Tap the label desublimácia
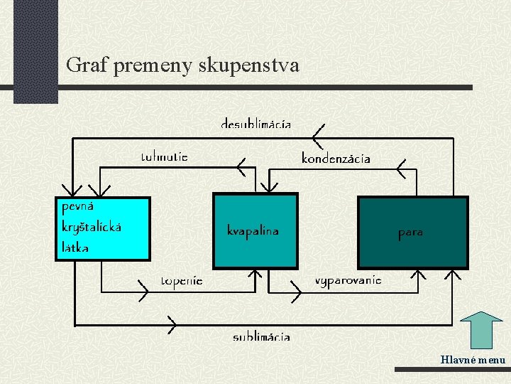pos(255,124)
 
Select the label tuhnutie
pos(164,156)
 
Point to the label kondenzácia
pos(336,158)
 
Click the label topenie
pos(182,281)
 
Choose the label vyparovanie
pos(348,280)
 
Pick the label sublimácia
pos(261,336)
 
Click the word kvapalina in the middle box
pos(253,230)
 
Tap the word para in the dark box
pos(410,233)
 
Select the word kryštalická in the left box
pos(92,228)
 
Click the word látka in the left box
pos(76,247)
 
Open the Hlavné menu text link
pos(473,360)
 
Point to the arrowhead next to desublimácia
pos(317,133)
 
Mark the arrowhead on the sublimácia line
pos(171,324)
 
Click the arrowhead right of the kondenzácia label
pos(402,169)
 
